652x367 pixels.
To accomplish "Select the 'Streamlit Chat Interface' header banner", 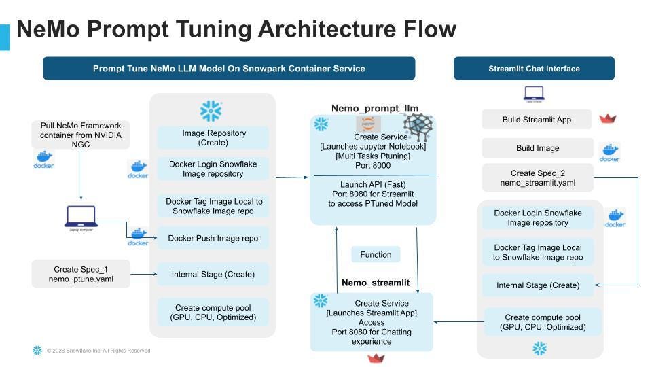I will (534, 69).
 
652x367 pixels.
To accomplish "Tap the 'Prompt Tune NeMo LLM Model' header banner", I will (229, 69).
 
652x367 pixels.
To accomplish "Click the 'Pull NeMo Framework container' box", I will (81, 135).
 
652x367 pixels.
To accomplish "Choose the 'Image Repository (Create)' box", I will (213, 138).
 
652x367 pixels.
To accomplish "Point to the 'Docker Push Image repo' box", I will (213, 238).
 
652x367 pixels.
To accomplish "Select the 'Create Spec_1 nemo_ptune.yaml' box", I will (81, 274).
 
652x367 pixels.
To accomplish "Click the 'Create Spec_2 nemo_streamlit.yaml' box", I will (538, 178).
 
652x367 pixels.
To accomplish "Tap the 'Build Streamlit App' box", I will (537, 120).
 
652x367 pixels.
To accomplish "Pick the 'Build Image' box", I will (537, 148).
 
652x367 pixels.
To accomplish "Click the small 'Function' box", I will (376, 255).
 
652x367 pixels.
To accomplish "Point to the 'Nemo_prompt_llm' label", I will (374, 108).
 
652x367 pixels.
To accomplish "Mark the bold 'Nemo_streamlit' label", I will (375, 282).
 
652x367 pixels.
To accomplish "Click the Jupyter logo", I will (369, 124).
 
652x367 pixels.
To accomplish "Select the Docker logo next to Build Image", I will (609, 152).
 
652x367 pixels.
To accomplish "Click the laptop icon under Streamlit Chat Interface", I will (535, 94).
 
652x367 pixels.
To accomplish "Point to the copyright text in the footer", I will (98, 351).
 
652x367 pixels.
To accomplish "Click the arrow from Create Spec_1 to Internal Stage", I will (143, 274).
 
